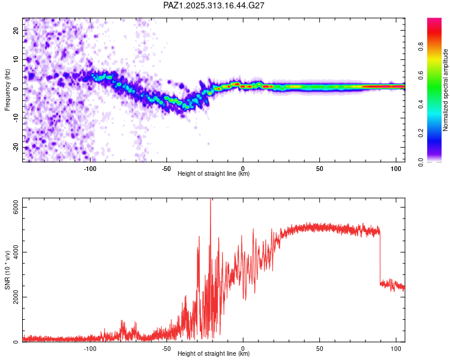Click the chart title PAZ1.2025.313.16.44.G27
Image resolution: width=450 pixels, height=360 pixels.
[214, 5]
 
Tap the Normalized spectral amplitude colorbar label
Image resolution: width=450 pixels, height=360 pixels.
[446, 90]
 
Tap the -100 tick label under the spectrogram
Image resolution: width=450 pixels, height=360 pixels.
[90, 168]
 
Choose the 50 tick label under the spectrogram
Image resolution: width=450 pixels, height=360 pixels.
[320, 168]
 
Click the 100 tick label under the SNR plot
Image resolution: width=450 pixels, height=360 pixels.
[396, 348]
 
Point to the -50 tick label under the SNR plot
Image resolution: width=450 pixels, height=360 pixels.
[166, 348]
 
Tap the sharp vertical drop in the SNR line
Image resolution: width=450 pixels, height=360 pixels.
[380, 258]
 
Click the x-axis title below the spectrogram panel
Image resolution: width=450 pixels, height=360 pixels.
[214, 173]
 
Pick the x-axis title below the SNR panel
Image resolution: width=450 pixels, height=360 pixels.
[214, 353]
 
